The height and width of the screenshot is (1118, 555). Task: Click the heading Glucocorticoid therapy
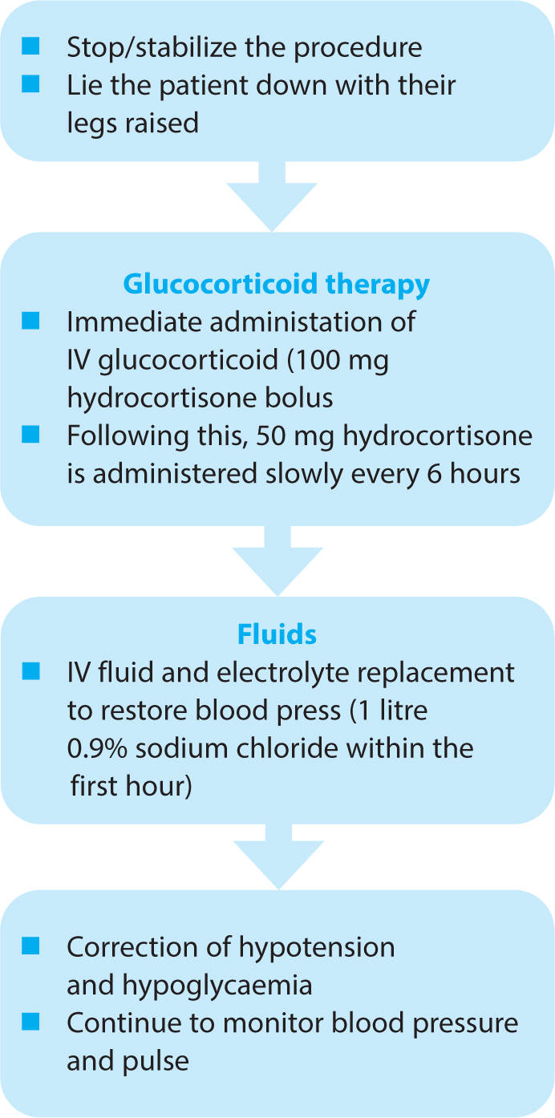coord(277,285)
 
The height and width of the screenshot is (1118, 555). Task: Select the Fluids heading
coord(277,634)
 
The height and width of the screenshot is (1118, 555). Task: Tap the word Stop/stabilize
coord(152,48)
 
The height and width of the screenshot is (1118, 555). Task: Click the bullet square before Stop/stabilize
coord(30,46)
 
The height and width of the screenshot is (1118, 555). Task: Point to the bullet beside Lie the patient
coord(30,83)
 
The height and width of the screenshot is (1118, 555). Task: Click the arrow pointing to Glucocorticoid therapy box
coord(272,196)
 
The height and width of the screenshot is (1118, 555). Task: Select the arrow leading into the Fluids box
coord(277,561)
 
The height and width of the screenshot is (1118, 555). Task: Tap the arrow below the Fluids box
coord(279,857)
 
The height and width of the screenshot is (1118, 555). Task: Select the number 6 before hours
coord(434,474)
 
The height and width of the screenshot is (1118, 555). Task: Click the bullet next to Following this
coord(30,434)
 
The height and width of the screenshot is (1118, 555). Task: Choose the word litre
coord(403,711)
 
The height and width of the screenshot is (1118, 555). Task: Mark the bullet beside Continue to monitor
coord(30,1022)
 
